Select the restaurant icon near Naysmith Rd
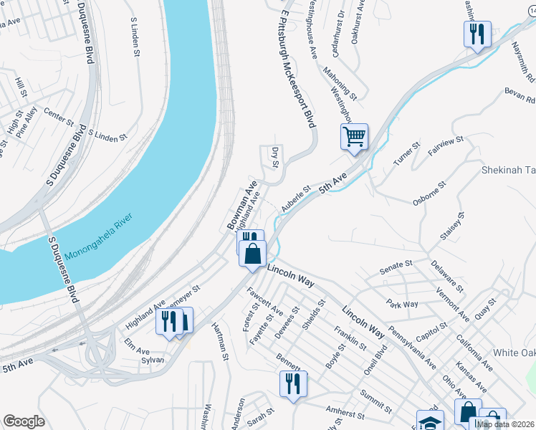pyautogui.click(x=477, y=34)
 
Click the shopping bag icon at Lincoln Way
pyautogui.click(x=253, y=254)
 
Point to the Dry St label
pyautogui.click(x=274, y=158)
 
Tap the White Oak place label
pyautogui.click(x=515, y=353)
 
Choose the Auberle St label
pyautogui.click(x=295, y=199)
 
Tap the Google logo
pyautogui.click(x=24, y=421)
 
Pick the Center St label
pyautogui.click(x=59, y=113)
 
